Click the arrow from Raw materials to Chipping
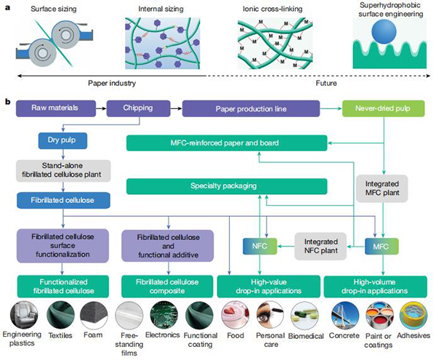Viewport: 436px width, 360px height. [x=100, y=109]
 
